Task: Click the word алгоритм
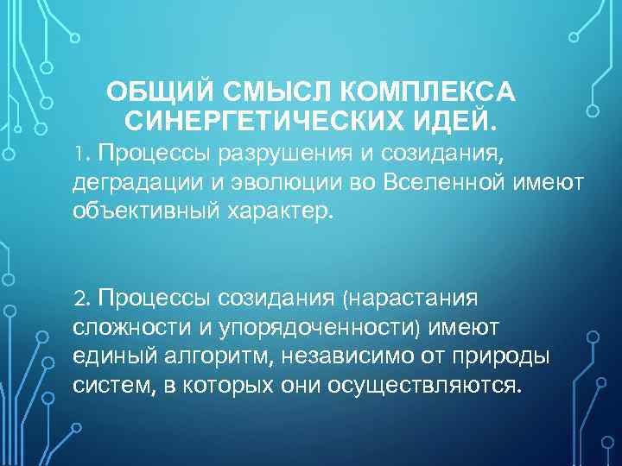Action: (x=205, y=356)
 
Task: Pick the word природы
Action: (x=502, y=356)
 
